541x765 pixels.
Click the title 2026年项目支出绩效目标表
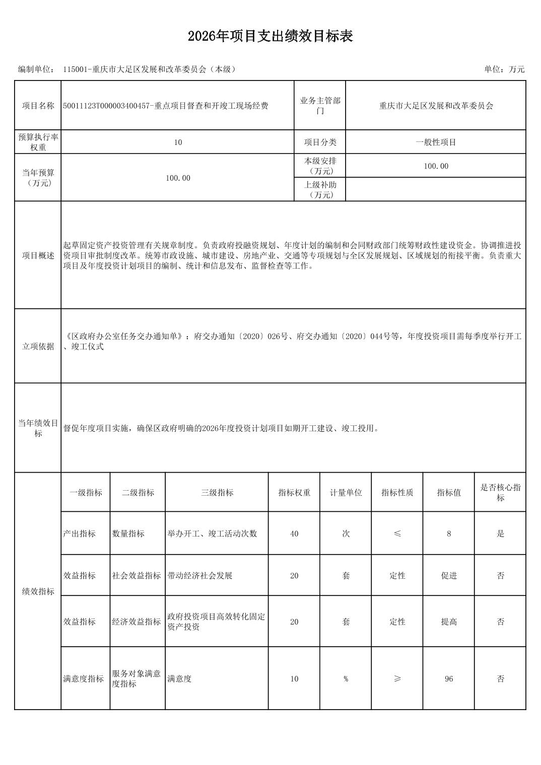270,36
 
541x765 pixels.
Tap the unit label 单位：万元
504,69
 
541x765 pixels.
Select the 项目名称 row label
38,106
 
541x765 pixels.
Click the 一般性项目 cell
436,142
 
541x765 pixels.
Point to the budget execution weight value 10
178,142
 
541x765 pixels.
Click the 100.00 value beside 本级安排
436,166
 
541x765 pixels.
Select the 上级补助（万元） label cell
320,190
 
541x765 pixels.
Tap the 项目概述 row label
38,256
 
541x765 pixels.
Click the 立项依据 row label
38,346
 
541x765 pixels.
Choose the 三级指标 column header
217,493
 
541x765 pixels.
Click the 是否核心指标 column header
500,493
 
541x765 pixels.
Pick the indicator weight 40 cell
294,533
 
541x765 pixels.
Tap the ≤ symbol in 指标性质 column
397,533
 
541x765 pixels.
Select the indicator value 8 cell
449,533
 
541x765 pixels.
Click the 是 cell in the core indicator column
500,533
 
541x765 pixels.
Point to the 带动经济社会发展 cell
200,576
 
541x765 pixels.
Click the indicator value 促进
449,576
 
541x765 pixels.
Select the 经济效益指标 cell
137,622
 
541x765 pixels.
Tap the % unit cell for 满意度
346,679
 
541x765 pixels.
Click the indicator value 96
449,679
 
